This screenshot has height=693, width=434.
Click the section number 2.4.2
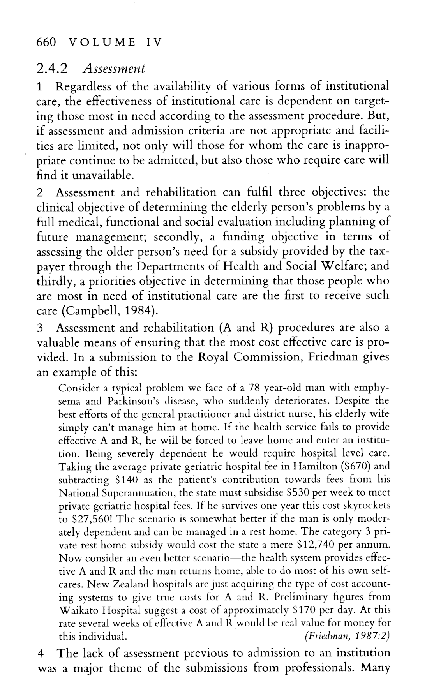tap(52, 69)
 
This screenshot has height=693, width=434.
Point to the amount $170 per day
tap(305, 610)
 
